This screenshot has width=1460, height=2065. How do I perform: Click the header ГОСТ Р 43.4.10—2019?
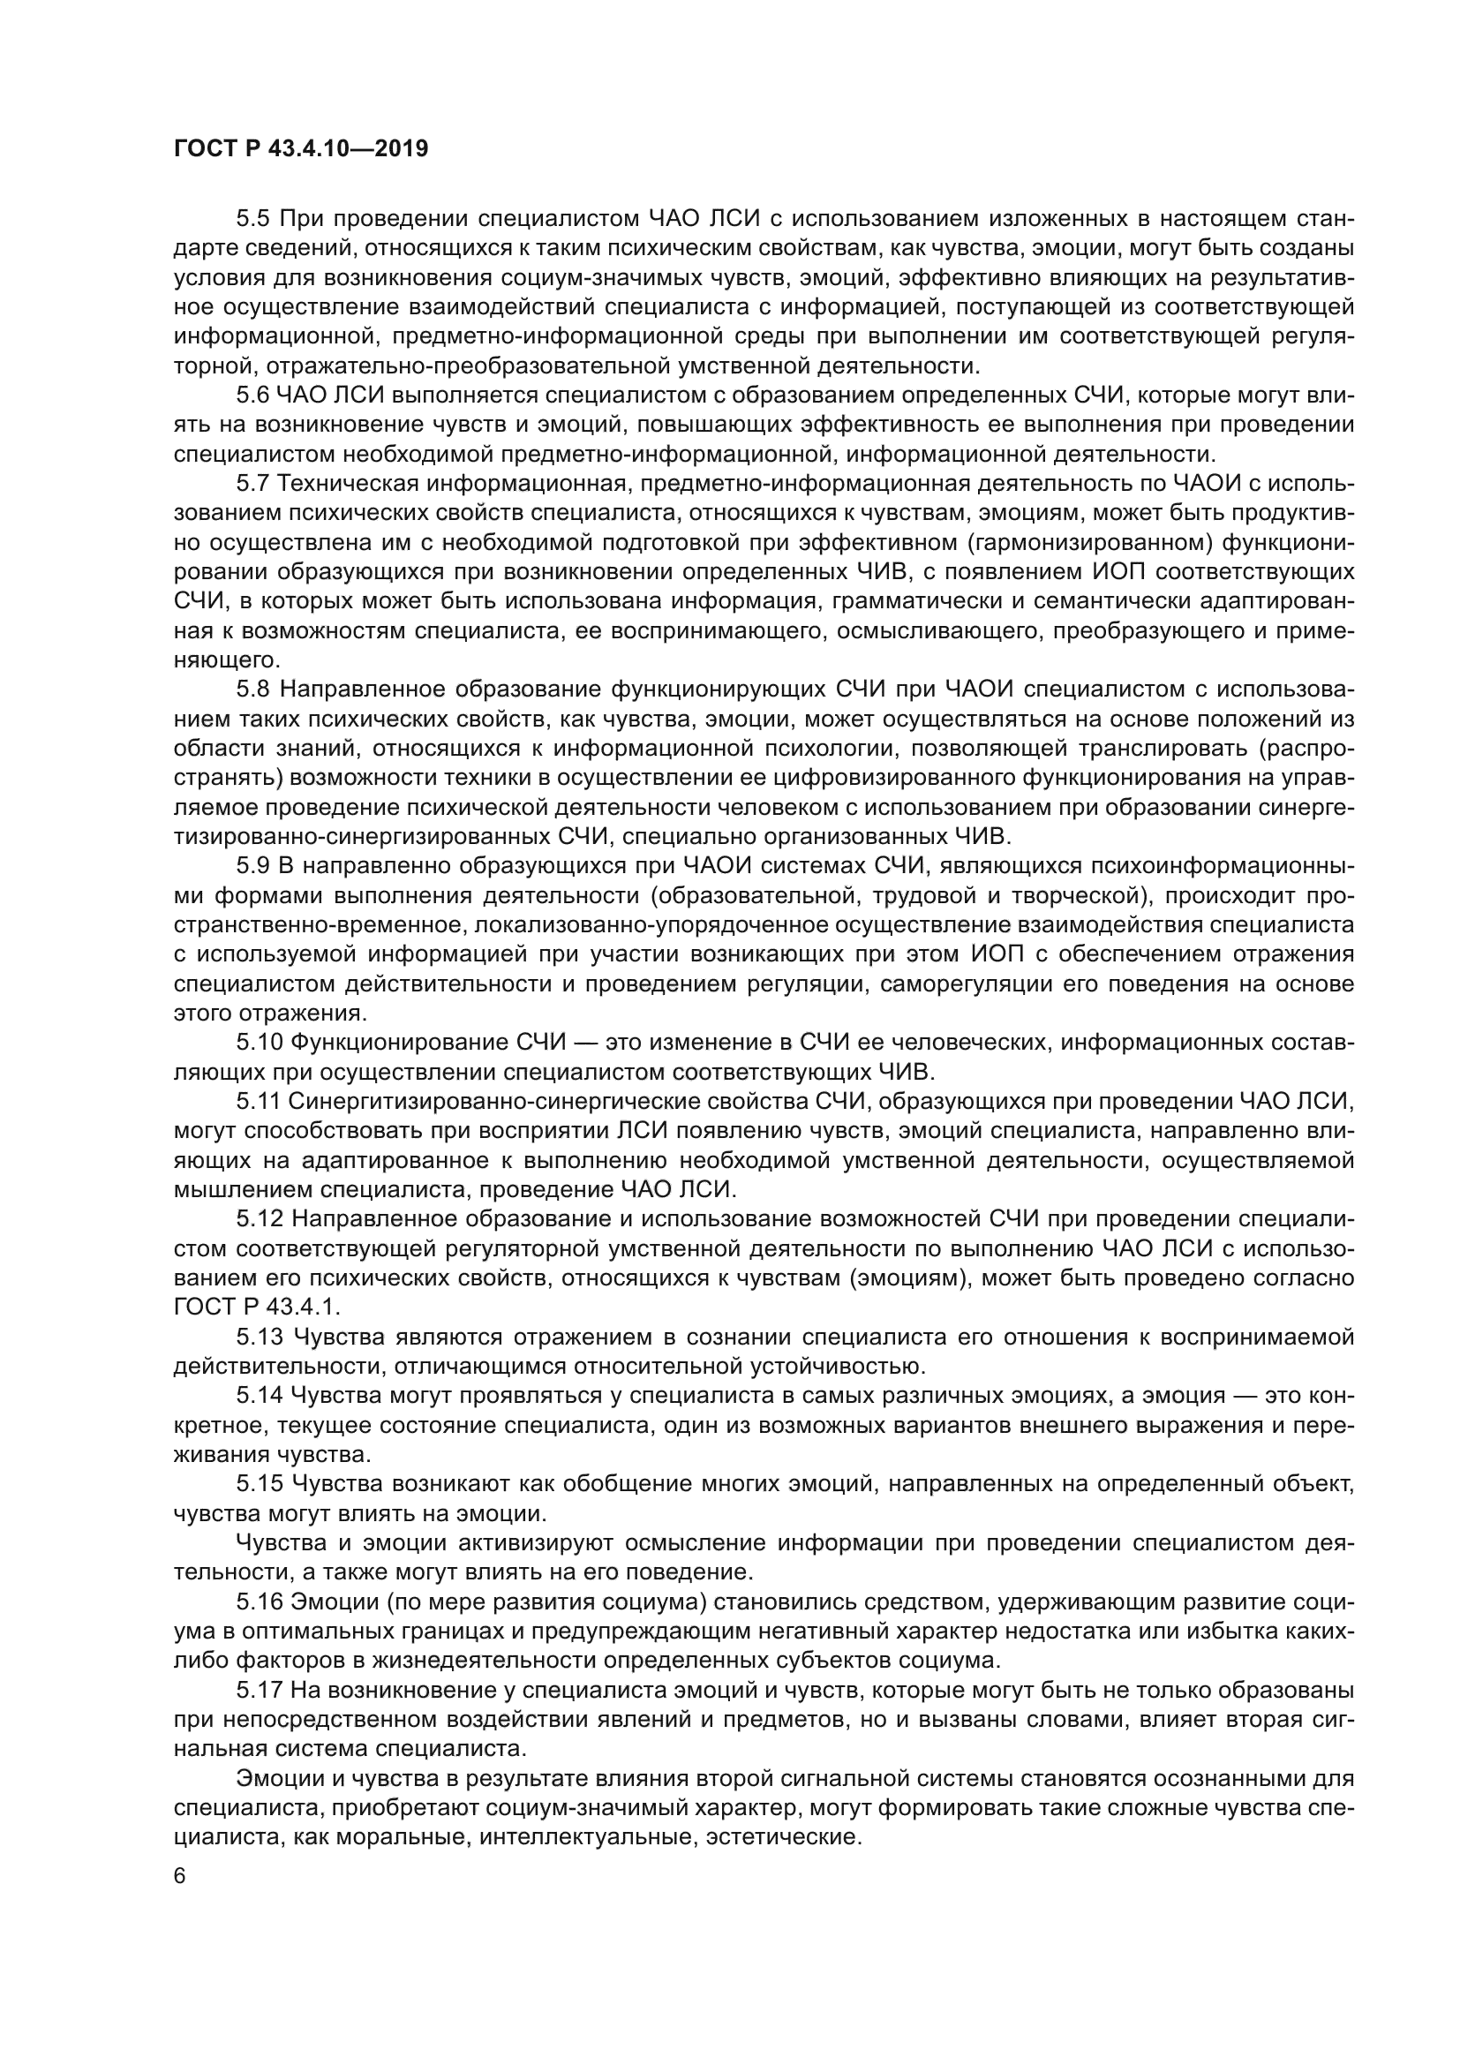[x=300, y=149]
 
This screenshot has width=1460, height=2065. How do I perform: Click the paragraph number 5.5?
[x=252, y=219]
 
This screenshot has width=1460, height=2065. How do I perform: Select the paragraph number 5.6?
[x=252, y=395]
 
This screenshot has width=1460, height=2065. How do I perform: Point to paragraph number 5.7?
[x=252, y=484]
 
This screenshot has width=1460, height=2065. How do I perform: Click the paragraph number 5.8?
[x=252, y=690]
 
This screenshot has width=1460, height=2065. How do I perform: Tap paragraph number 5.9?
[x=252, y=866]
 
